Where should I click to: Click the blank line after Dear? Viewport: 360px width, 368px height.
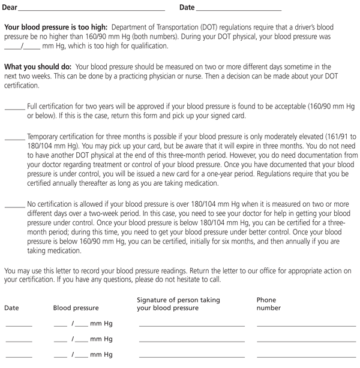(92, 10)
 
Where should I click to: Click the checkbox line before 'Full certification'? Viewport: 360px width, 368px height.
(14, 108)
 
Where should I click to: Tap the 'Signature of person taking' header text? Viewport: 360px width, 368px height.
(178, 299)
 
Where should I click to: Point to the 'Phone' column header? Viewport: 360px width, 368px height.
(266, 299)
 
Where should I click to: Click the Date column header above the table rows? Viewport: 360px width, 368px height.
(11, 308)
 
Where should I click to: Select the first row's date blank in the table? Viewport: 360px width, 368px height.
(19, 325)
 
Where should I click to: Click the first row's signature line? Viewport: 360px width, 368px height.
(191, 325)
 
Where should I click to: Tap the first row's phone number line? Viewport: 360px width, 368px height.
(306, 325)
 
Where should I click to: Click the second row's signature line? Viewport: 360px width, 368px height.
(191, 341)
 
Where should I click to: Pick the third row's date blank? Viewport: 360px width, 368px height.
(19, 357)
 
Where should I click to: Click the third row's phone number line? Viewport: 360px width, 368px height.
(306, 357)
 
